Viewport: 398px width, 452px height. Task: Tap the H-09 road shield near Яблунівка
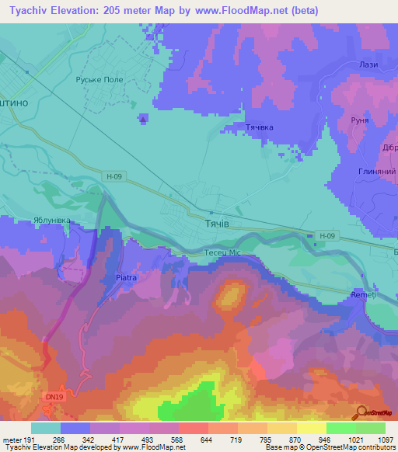tap(112, 176)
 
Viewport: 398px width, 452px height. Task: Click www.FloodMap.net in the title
tap(242, 11)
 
